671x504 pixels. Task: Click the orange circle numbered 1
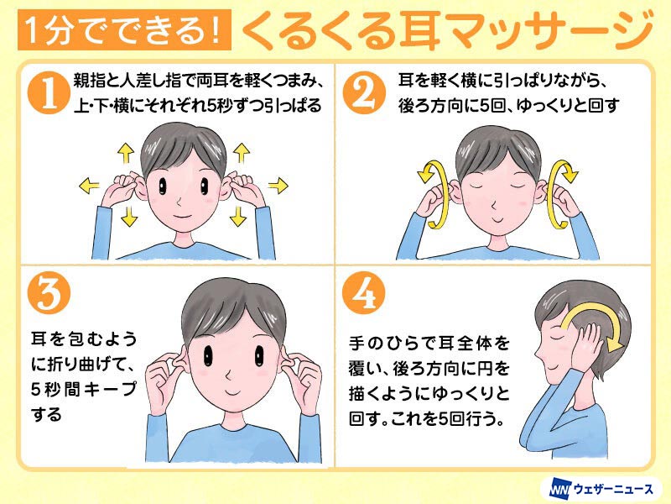click(49, 92)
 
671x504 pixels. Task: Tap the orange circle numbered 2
click(364, 92)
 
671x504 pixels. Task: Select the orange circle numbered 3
click(49, 292)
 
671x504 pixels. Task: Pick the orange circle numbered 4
click(364, 292)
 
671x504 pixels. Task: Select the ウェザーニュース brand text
click(613, 489)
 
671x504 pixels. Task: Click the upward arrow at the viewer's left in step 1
click(126, 153)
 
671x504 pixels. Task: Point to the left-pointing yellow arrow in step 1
click(89, 186)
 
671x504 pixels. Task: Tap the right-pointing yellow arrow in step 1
click(278, 186)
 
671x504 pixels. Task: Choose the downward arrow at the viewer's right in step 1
click(238, 216)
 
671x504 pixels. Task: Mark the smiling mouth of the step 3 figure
click(233, 392)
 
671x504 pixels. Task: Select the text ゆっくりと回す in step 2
click(568, 106)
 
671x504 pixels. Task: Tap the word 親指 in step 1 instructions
click(88, 81)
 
